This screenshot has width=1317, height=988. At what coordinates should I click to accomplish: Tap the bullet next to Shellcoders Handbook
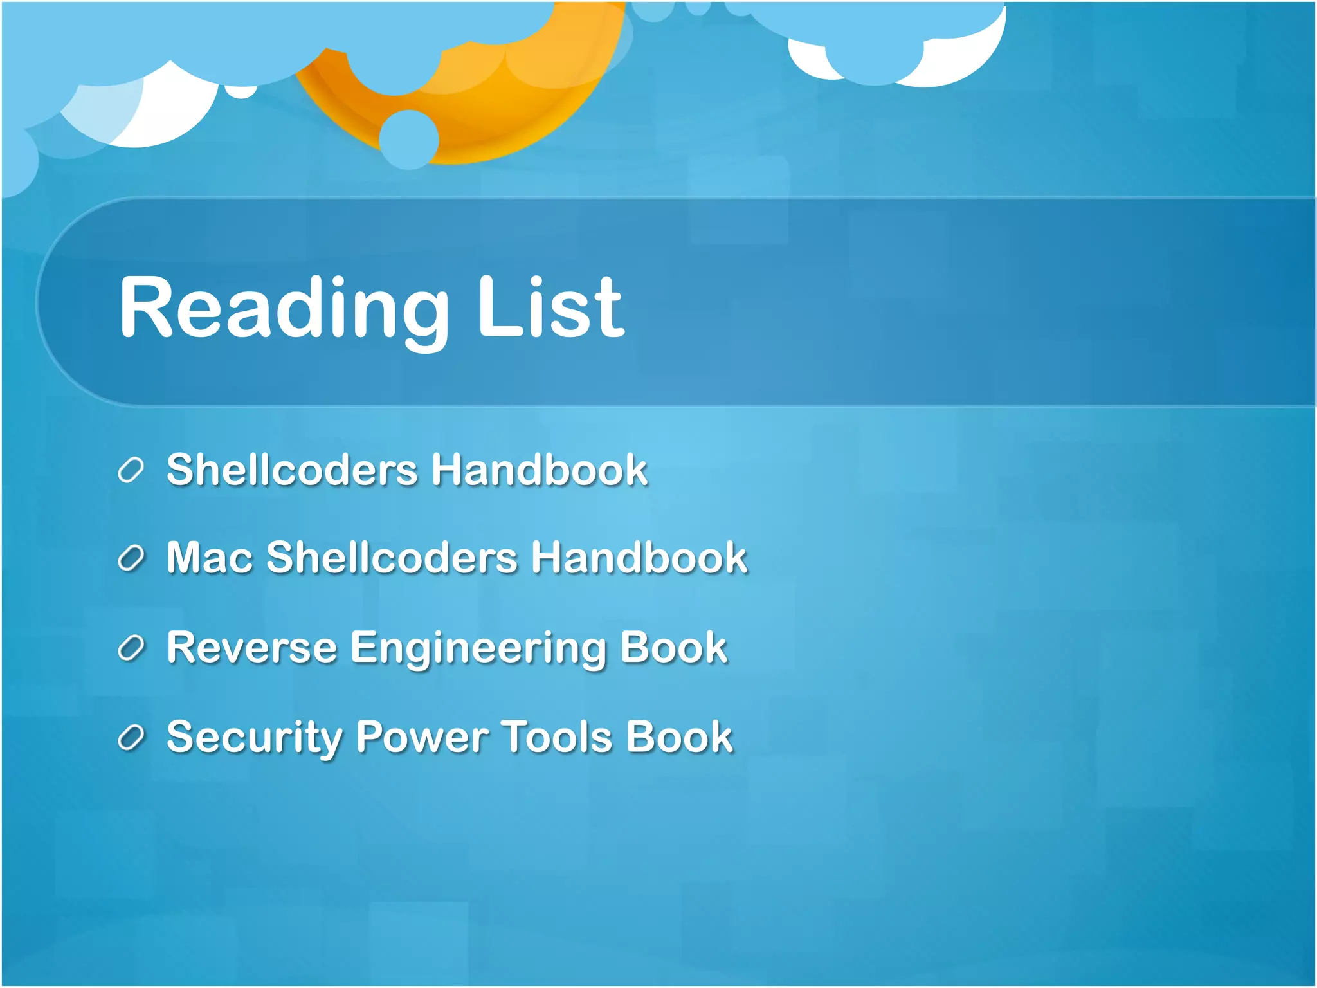131,470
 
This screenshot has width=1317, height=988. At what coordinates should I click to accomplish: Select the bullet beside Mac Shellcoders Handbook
131,558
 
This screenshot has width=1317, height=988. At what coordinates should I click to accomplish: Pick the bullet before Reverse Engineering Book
131,648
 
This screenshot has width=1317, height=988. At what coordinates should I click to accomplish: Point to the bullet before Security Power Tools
131,737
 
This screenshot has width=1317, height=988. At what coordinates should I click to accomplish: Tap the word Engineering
478,648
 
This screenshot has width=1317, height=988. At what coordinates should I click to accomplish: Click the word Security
254,737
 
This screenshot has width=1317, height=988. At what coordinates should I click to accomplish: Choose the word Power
422,736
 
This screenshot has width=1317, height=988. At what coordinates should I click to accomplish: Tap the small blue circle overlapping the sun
408,139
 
